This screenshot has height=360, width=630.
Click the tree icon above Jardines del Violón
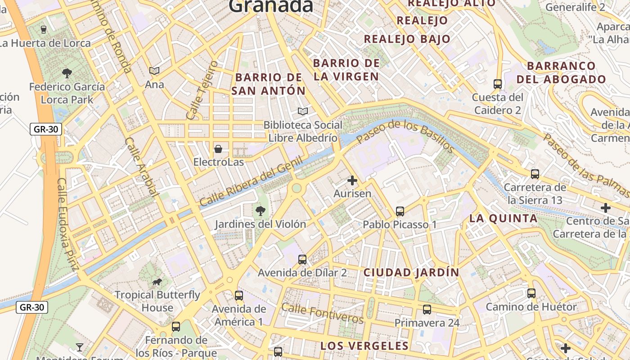[260, 211]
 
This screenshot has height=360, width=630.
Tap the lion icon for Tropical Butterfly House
[157, 282]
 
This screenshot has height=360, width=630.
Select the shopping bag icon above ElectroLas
[218, 149]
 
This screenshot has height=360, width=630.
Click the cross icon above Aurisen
[352, 181]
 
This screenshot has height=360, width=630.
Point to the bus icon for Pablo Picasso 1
[400, 211]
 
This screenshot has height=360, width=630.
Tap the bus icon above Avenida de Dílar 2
[302, 260]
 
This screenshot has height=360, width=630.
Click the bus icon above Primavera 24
[427, 310]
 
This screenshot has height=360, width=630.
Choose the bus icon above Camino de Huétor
[531, 293]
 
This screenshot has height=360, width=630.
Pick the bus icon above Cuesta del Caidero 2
[498, 84]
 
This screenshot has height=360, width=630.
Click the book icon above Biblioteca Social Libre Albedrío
[303, 111]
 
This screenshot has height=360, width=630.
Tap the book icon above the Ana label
[154, 71]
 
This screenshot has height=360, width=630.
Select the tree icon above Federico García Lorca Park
[67, 73]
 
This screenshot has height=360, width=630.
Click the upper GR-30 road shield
[45, 130]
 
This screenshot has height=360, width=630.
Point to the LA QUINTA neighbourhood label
[503, 219]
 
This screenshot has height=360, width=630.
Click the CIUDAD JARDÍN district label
[411, 272]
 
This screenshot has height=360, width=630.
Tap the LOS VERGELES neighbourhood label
[364, 346]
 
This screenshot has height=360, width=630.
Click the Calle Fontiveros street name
[322, 313]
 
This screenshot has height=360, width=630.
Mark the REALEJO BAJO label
[407, 39]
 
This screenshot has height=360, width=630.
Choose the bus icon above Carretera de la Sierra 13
[535, 174]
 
